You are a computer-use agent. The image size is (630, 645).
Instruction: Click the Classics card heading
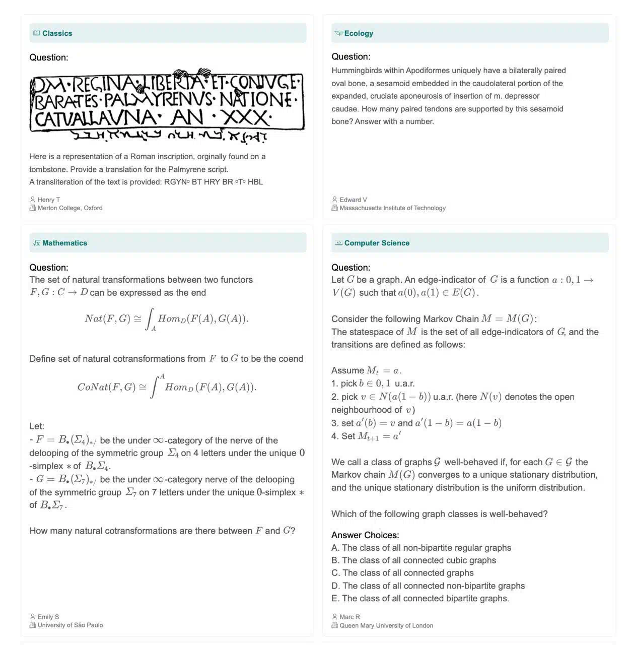click(57, 33)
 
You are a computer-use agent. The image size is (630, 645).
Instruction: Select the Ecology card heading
click(359, 33)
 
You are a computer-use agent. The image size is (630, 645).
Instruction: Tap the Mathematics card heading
click(64, 243)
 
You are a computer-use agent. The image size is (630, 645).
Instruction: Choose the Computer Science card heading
click(377, 243)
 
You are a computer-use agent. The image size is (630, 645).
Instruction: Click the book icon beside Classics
click(37, 33)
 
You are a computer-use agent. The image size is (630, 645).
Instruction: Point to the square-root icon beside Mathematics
click(37, 243)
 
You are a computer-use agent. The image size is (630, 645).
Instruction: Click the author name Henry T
click(48, 200)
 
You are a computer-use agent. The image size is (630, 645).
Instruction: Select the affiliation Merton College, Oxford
click(69, 208)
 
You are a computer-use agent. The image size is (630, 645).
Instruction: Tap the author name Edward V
click(353, 200)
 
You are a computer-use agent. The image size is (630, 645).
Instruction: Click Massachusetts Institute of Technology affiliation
click(392, 208)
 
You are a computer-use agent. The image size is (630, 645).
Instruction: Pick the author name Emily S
click(48, 617)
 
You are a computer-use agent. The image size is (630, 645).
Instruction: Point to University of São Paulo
click(70, 625)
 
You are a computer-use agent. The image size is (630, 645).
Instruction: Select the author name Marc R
click(349, 617)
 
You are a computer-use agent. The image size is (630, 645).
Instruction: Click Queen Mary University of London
click(386, 625)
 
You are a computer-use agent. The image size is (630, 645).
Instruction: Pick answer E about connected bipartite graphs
click(420, 598)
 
